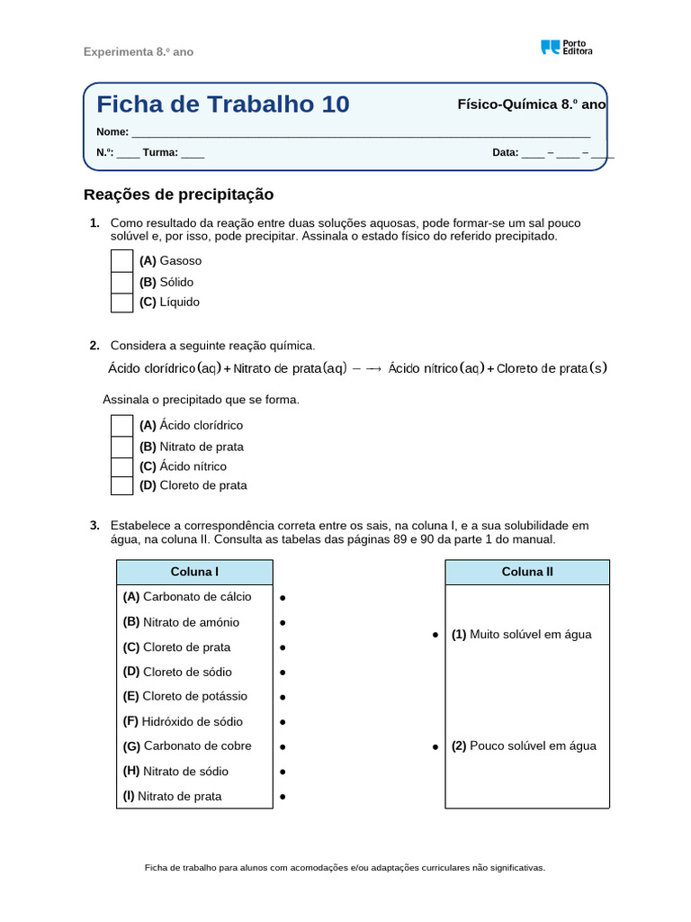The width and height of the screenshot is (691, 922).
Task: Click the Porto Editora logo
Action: (x=566, y=48)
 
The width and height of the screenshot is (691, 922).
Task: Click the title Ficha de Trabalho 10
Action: (x=222, y=104)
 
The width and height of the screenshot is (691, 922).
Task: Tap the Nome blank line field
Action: (x=360, y=131)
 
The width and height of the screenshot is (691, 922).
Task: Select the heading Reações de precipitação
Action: (x=178, y=194)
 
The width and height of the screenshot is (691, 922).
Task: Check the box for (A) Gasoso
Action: (x=121, y=260)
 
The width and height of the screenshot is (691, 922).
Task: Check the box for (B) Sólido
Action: (x=121, y=281)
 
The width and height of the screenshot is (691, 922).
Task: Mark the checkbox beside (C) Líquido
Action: (x=121, y=302)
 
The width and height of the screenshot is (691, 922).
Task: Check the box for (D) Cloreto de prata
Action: (x=121, y=485)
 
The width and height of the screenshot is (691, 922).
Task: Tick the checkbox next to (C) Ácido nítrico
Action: (x=121, y=466)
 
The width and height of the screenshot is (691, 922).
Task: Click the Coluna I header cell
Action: (x=194, y=572)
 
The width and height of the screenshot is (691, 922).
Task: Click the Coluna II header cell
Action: (x=527, y=572)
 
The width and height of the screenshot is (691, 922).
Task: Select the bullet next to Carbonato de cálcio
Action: (x=283, y=597)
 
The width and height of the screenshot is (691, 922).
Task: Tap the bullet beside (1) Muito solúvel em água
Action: (x=435, y=635)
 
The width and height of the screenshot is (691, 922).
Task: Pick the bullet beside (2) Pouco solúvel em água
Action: (x=435, y=746)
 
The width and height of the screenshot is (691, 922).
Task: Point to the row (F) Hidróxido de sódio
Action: (x=183, y=721)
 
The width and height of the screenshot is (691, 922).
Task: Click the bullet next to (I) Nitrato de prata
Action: (x=283, y=797)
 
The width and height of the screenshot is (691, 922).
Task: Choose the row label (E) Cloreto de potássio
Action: (x=184, y=696)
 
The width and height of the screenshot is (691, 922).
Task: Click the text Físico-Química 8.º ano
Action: (x=532, y=104)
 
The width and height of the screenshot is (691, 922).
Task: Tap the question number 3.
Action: (x=94, y=525)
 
